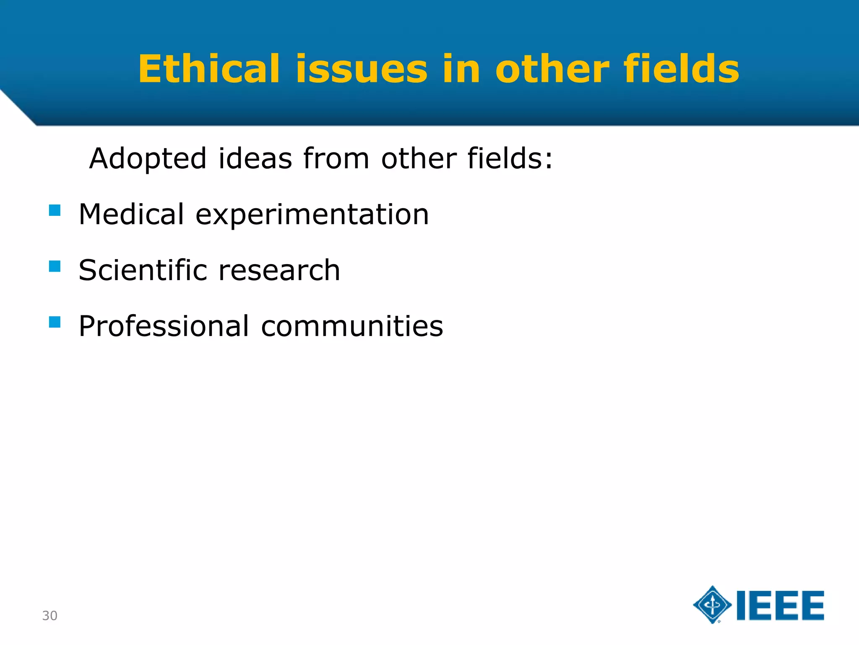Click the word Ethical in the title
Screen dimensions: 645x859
pos(208,69)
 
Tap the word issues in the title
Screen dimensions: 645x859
pos(362,69)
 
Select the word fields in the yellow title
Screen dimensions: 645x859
pos(681,69)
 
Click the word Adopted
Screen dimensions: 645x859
pos(148,159)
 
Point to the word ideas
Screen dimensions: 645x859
pos(255,158)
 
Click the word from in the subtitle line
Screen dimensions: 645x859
pos(336,158)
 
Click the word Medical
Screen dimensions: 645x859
pos(131,214)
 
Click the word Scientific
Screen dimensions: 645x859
pos(143,270)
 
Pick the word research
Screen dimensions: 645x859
pos(279,270)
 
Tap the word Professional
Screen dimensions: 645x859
pos(164,326)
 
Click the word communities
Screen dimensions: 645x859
pos(352,326)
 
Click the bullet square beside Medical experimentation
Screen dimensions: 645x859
pos(55,210)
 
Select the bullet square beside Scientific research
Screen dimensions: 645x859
pos(55,266)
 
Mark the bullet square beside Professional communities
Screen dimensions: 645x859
pos(55,322)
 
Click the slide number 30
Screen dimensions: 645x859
pos(49,616)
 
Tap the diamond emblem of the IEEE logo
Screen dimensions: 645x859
pos(712,605)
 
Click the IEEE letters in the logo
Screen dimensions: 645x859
pos(780,606)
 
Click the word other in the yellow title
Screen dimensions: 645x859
pos(552,69)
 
